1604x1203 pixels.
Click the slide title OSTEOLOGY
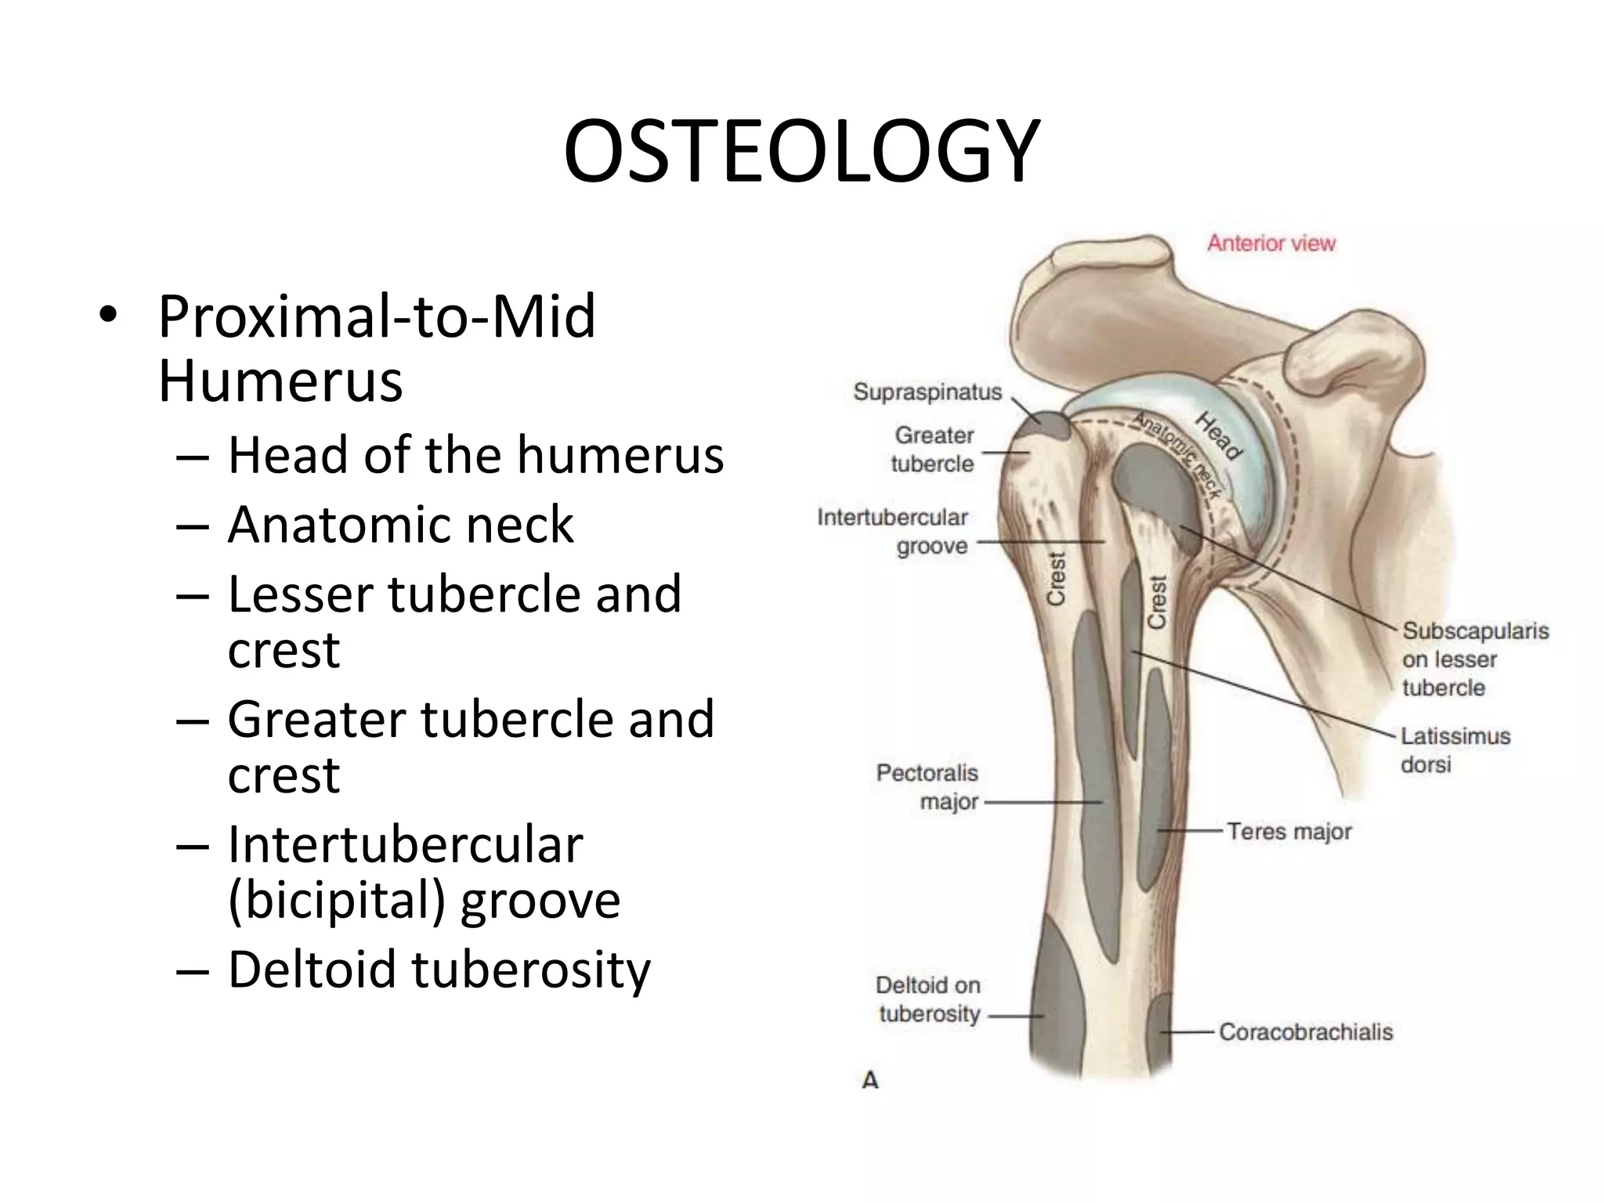(801, 151)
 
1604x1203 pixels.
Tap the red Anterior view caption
(1270, 244)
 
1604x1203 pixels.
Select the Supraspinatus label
(927, 392)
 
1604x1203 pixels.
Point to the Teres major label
(1288, 831)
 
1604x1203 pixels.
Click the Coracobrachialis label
(1306, 1032)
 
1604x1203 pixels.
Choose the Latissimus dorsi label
(1454, 750)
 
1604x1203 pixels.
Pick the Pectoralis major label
(928, 787)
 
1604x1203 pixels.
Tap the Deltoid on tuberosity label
(928, 999)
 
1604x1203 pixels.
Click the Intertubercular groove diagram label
(893, 531)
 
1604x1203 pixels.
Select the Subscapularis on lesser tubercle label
(1475, 659)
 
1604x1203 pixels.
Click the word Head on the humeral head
(1219, 437)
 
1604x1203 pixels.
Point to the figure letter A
(870, 1081)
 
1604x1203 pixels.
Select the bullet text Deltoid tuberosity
(439, 970)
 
